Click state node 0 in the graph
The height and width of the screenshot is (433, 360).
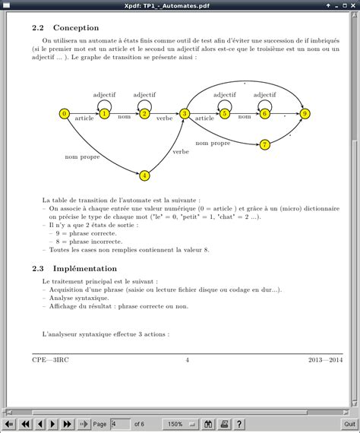[x=64, y=114]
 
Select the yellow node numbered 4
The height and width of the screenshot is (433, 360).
[x=144, y=175]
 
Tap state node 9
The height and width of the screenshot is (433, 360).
[x=305, y=114]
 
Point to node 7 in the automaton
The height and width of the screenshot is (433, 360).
[x=265, y=144]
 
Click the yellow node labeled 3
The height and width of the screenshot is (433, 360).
[x=185, y=114]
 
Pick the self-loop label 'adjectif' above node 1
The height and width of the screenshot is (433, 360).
[x=104, y=95]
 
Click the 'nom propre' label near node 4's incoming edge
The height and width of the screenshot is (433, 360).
[x=82, y=156]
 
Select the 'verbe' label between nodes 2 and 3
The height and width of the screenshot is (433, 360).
[x=165, y=119]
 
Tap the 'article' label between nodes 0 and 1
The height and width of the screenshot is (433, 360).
[x=84, y=119]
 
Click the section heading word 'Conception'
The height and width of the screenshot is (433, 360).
[x=76, y=27]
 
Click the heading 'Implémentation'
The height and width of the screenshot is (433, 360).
[x=85, y=268]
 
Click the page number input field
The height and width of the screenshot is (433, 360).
[x=120, y=424]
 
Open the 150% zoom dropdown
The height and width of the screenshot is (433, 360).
[x=179, y=424]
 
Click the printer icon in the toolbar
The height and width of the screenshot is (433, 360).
[x=223, y=424]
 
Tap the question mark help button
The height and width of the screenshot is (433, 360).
[x=238, y=424]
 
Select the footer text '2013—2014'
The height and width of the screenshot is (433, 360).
[x=326, y=359]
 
